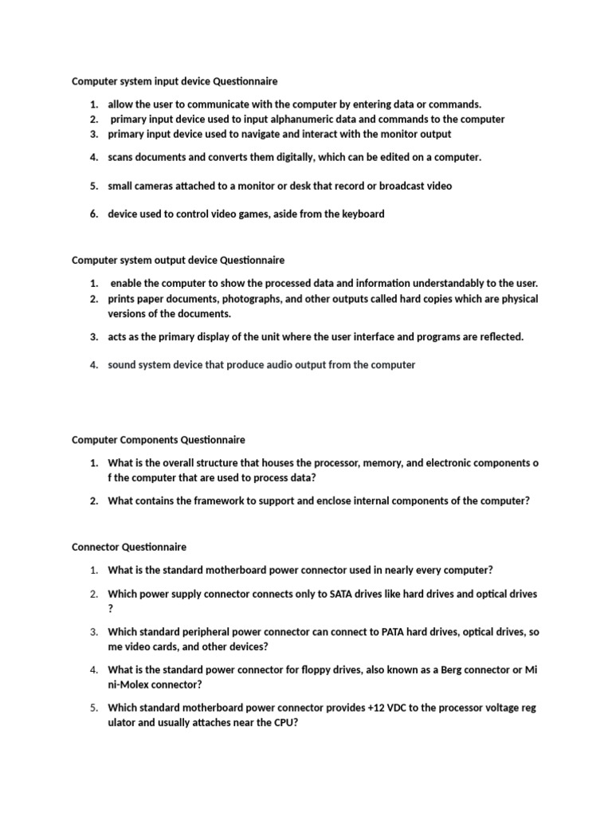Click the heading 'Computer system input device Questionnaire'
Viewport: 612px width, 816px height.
[x=175, y=81]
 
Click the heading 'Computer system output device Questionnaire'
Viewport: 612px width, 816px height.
[x=178, y=260]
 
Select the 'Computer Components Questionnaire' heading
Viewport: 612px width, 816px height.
[x=159, y=439]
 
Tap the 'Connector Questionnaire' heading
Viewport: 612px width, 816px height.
[x=129, y=547]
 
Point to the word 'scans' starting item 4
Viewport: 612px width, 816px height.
[x=121, y=157]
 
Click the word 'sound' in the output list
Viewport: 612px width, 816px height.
[x=122, y=365]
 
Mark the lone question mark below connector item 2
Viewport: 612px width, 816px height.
[x=111, y=608]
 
